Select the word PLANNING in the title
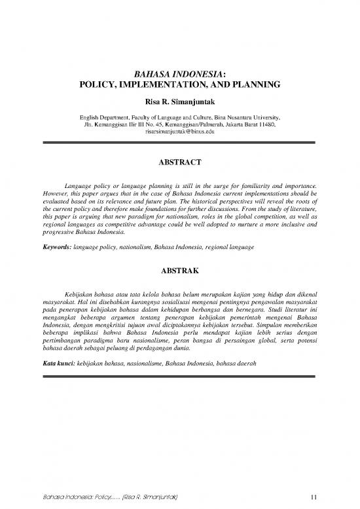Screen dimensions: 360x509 [x=253, y=85]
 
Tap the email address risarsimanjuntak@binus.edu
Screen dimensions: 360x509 [x=179, y=131]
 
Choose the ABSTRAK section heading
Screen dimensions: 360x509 [x=179, y=268]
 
